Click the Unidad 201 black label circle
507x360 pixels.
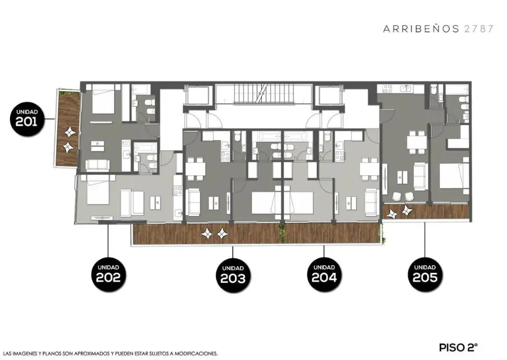[27, 118]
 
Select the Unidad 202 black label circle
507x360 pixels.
[108, 274]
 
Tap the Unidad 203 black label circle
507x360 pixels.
[233, 275]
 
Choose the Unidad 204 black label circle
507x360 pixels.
[324, 274]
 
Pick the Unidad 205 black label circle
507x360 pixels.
[425, 274]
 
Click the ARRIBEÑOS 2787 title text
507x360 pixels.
[439, 29]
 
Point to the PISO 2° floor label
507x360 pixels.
[458, 347]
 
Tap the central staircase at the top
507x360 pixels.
[264, 93]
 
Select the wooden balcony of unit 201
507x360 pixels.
[68, 128]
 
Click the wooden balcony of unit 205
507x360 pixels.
[426, 211]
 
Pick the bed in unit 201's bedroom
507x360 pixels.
[103, 99]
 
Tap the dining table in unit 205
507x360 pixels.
[417, 142]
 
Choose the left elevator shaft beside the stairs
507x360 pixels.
[198, 95]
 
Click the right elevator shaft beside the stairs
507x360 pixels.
[330, 95]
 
